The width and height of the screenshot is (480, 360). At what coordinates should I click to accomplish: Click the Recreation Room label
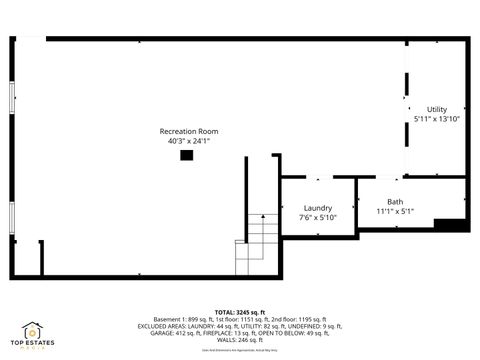click(188, 131)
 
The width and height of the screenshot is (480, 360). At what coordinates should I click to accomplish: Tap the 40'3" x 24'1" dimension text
click(188, 142)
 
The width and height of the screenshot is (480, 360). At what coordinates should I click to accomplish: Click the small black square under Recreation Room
click(186, 155)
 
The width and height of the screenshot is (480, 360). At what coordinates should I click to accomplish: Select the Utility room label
click(437, 109)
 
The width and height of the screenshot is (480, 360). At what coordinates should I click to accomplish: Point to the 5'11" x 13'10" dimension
click(437, 119)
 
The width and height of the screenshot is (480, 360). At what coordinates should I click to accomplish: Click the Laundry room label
click(318, 207)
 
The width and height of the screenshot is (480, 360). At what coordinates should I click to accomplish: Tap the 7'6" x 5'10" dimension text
click(318, 217)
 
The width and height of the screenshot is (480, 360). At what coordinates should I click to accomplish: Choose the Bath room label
click(395, 201)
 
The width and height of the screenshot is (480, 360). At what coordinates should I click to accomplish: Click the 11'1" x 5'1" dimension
click(395, 211)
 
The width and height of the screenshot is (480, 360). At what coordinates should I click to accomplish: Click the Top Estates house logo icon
click(32, 330)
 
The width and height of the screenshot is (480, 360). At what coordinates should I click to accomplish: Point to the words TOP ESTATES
click(32, 344)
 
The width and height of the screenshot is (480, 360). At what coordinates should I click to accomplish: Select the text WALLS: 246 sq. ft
click(240, 340)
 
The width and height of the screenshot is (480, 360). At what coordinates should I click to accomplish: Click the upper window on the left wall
click(12, 98)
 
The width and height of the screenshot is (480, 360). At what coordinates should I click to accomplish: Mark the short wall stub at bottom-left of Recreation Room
click(41, 258)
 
